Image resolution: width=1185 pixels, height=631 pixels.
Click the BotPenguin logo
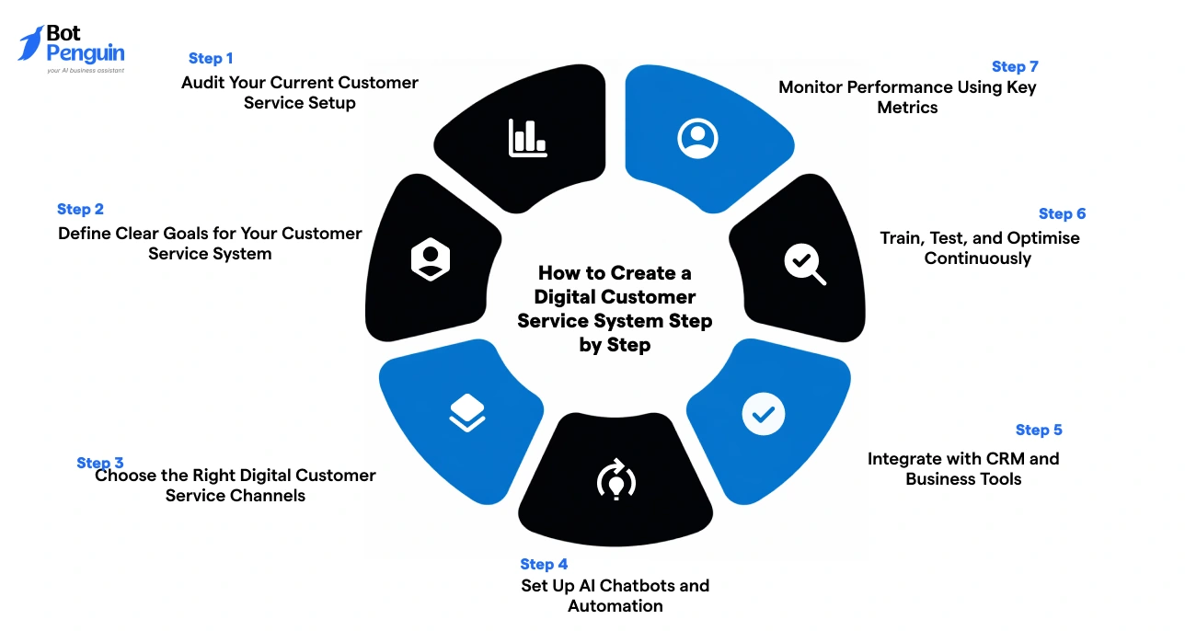72,48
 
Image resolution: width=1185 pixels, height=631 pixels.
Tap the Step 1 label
211,58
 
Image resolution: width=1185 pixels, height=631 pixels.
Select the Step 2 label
80,209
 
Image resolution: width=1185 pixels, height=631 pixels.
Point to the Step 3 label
99,463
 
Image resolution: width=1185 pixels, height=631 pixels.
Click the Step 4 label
544,564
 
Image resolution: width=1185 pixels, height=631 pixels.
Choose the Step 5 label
1039,430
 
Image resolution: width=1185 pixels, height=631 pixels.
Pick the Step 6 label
1062,213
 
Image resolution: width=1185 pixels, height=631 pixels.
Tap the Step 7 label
1015,66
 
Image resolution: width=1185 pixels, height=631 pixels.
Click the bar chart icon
528,138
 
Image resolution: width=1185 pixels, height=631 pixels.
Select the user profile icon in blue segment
697,137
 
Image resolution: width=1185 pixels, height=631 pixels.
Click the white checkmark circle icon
763,415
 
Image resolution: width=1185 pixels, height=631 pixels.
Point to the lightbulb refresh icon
616,479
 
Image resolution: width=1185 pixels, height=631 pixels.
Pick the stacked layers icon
466,413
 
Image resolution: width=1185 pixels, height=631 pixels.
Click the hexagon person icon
430,259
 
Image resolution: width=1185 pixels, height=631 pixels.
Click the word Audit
202,83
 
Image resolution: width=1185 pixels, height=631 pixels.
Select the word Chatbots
636,585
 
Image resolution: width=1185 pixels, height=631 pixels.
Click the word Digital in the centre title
565,296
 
